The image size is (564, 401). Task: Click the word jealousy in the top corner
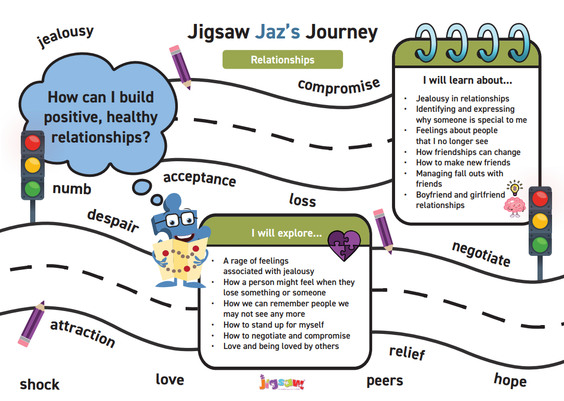point(65,36)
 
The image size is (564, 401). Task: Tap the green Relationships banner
point(283,59)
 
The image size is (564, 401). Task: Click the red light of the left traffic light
point(32,143)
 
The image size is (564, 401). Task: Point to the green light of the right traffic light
point(540,244)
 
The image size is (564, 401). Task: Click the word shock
point(40,384)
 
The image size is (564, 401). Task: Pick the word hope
point(510,380)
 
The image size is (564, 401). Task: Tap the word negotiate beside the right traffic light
point(481,254)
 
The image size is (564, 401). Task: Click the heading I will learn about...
point(467,80)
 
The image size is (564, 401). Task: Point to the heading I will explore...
point(286,233)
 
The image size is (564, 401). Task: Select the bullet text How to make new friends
point(463,162)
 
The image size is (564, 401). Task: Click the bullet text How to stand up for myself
point(273,325)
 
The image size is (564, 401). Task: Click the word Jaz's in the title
point(278,32)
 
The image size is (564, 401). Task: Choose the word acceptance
point(200,178)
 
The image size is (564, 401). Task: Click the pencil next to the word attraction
point(32,324)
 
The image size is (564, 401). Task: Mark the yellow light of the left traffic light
point(32,165)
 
